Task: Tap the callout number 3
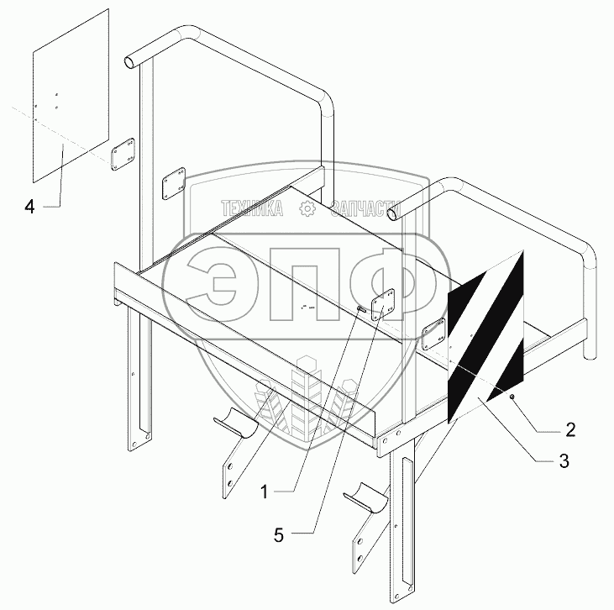pyautogui.click(x=564, y=460)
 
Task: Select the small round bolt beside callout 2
pyautogui.click(x=513, y=396)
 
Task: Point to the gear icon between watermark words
pyautogui.click(x=308, y=209)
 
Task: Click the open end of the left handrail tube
pyautogui.click(x=130, y=61)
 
